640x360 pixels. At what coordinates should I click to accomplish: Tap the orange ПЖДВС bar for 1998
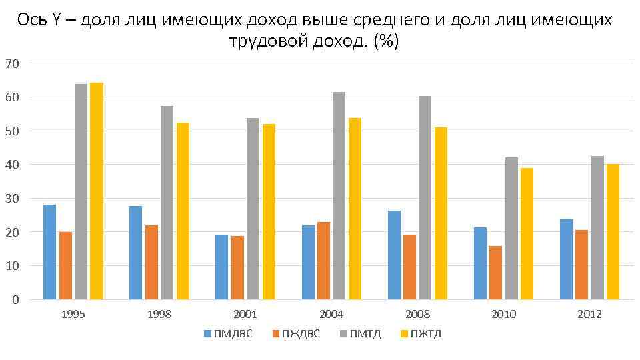[x=151, y=263]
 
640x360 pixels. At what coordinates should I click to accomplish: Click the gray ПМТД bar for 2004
[x=339, y=196]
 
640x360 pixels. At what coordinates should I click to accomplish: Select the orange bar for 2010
[x=496, y=273]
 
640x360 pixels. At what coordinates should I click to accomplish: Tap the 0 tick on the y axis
[x=15, y=299]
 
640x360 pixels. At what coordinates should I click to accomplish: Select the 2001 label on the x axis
[x=245, y=315]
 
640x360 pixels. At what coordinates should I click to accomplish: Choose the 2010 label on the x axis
[x=503, y=315]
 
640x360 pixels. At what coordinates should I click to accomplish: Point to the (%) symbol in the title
[x=386, y=41]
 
